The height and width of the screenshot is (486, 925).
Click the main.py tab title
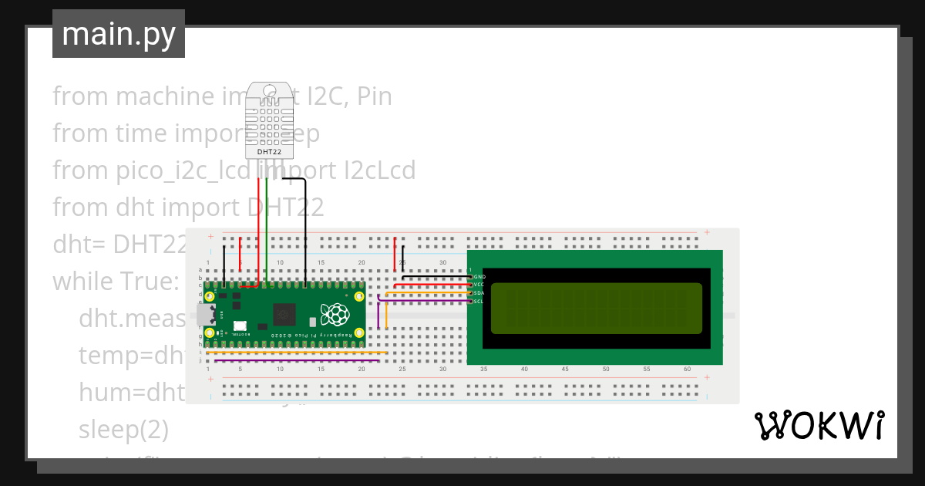(118, 34)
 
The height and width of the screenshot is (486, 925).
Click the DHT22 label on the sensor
(269, 152)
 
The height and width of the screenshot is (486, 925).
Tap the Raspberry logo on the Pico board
(335, 314)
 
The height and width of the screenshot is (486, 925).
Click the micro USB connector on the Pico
(205, 315)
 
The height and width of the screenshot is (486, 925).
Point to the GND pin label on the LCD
(479, 276)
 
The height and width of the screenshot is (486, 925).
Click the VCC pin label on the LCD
(479, 285)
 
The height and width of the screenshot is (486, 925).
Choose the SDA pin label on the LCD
(479, 293)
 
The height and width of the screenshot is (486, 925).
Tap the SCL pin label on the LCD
(479, 302)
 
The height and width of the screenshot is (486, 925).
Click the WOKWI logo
(819, 426)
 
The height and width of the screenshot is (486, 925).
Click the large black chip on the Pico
(284, 314)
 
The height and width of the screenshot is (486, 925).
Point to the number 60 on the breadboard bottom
(687, 370)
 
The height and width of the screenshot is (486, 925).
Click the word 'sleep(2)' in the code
(123, 429)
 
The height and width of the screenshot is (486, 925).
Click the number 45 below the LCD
(565, 370)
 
